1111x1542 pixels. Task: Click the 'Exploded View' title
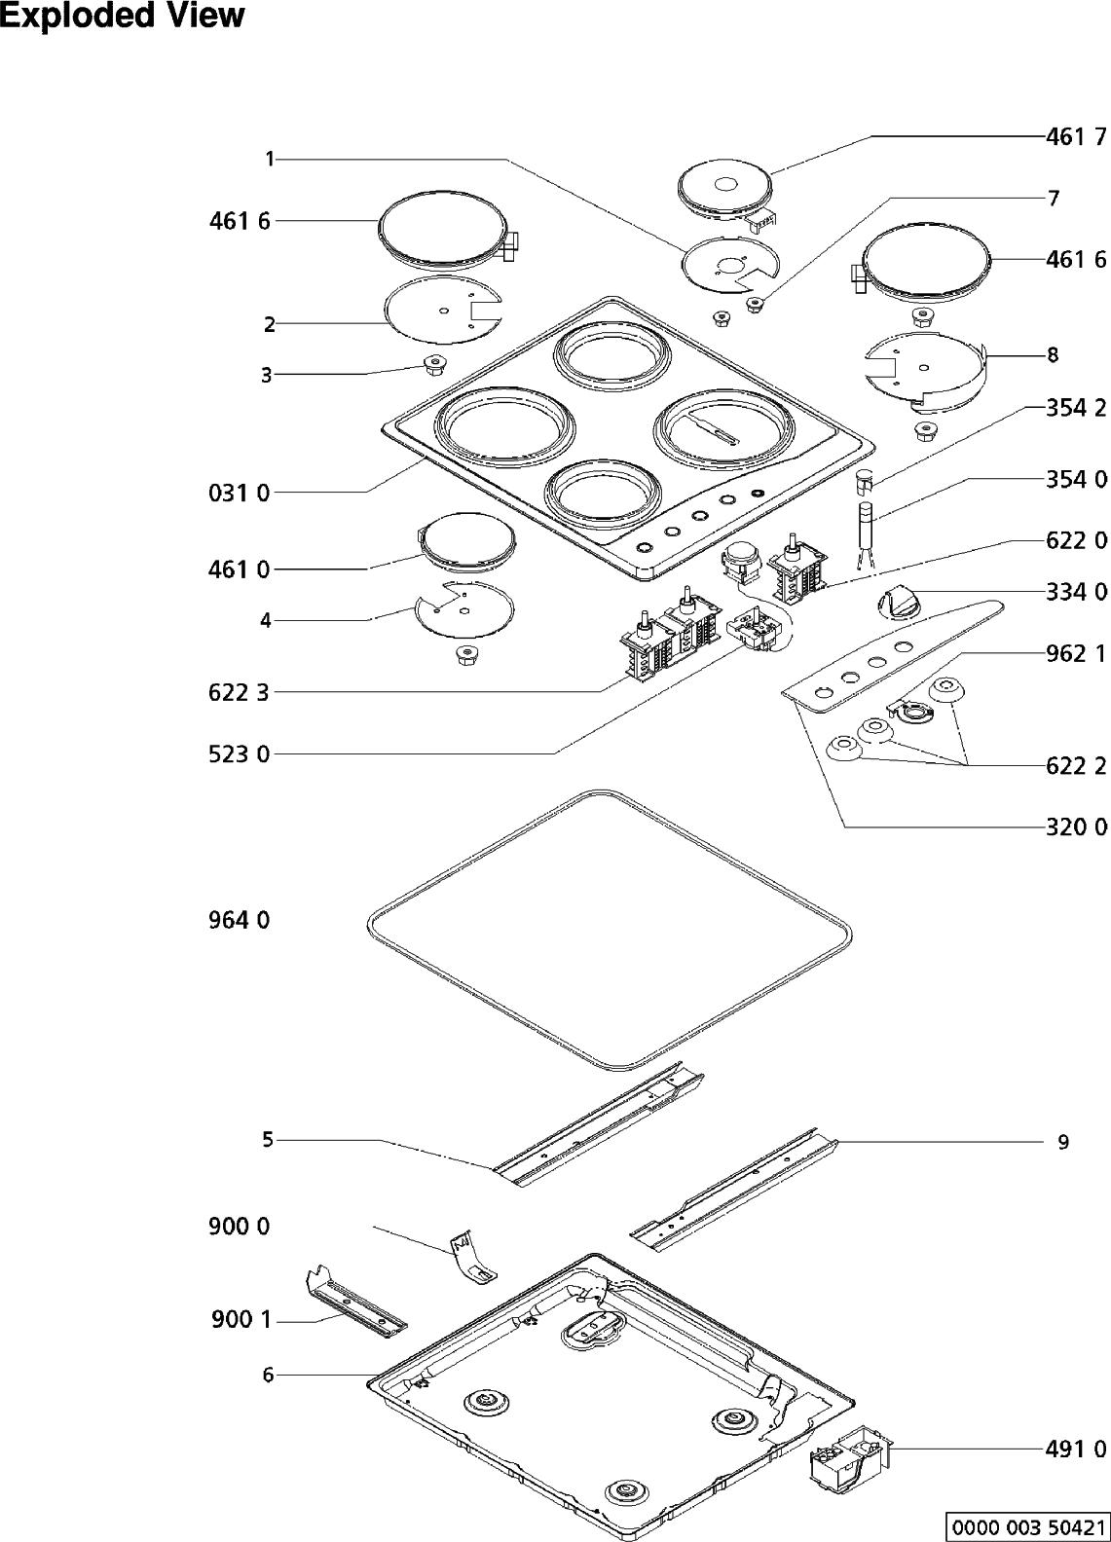122,17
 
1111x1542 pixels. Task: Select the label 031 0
239,493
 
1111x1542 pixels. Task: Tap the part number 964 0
239,919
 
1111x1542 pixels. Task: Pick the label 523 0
239,753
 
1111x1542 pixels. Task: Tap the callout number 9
1063,1142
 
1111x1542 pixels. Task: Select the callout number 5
267,1139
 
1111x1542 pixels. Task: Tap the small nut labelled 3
433,364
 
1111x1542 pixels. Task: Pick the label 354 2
1076,408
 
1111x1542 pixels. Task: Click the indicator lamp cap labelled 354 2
865,480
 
